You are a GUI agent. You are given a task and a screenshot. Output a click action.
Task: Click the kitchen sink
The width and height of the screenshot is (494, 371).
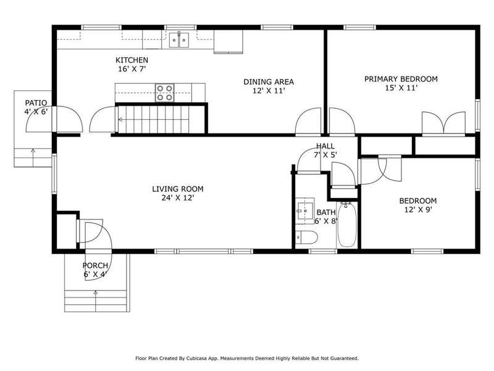pyautogui.click(x=179, y=40)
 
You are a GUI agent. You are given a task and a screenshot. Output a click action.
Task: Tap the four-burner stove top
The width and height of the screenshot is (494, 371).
pyautogui.click(x=164, y=93)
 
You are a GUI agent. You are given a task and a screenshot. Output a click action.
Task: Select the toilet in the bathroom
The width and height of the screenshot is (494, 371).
pyautogui.click(x=306, y=237)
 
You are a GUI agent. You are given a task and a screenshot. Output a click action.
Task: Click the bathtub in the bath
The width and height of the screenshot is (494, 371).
pyautogui.click(x=346, y=225)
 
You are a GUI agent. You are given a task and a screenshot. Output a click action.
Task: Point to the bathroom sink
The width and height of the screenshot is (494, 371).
pyautogui.click(x=304, y=211)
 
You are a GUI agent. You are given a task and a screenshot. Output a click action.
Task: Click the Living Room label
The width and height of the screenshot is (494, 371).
pyautogui.click(x=178, y=189)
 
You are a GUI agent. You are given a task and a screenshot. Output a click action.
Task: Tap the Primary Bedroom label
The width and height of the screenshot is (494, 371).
pyautogui.click(x=401, y=79)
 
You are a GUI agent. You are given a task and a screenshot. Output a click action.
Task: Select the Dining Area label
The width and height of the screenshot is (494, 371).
pyautogui.click(x=269, y=82)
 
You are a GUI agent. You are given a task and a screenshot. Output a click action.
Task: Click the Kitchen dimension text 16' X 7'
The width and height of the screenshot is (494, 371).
pyautogui.click(x=132, y=69)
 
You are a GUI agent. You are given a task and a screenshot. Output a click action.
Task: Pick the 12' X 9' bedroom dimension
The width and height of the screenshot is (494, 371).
pyautogui.click(x=418, y=210)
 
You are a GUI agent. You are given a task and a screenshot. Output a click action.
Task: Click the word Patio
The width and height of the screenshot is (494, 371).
pyautogui.click(x=36, y=103)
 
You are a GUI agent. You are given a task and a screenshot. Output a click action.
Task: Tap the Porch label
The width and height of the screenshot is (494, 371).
pyautogui.click(x=95, y=266)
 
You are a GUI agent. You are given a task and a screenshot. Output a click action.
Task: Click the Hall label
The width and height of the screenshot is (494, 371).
pyautogui.click(x=325, y=146)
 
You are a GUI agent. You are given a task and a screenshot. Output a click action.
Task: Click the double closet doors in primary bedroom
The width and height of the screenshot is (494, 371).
pyautogui.click(x=443, y=123)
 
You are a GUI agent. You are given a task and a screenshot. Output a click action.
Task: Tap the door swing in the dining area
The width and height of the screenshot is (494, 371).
pyautogui.click(x=308, y=122)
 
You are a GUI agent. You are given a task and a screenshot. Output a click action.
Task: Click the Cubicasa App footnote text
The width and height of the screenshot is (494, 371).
pyautogui.click(x=247, y=359)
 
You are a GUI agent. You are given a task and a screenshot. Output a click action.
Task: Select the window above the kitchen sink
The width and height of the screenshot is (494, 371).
pyautogui.click(x=180, y=27)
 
